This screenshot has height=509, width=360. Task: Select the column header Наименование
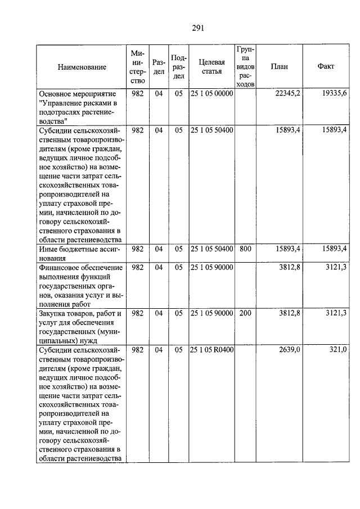pos(82,67)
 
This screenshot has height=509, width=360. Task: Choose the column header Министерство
pos(137,67)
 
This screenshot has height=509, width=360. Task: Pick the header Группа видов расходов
pos(245,67)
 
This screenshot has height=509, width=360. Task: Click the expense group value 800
pos(245,248)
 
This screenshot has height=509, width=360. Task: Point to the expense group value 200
pos(245,313)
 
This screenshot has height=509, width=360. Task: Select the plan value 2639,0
pos(291,350)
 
